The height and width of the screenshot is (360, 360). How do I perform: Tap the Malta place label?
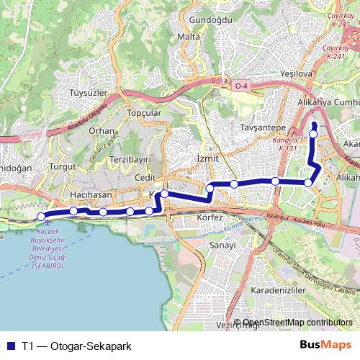pos(189,37)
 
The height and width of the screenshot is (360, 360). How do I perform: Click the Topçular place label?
pos(143,114)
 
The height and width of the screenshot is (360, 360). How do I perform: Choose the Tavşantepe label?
pos(258,127)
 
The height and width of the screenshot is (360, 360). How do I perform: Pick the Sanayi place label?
pos(222,246)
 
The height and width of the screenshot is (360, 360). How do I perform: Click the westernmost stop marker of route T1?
pos(41,216)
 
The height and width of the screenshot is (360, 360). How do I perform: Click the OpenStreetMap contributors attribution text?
pos(297,323)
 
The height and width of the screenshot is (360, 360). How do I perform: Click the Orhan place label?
pos(102,131)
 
